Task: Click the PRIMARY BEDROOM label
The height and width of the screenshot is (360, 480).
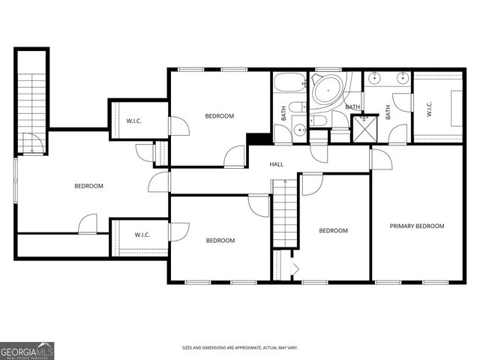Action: pos(417,226)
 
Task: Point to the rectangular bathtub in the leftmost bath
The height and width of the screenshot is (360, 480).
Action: pos(289,82)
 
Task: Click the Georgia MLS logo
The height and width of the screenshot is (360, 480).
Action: pos(27,350)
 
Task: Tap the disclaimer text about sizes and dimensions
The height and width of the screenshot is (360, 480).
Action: pos(240,347)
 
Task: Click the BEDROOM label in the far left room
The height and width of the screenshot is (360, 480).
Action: pos(88,186)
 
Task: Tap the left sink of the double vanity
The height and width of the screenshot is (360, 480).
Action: pos(375,76)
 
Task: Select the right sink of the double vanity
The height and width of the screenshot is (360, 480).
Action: pos(402,76)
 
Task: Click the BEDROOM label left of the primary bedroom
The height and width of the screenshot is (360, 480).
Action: pos(333,231)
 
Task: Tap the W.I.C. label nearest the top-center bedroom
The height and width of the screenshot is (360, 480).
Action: pos(134,121)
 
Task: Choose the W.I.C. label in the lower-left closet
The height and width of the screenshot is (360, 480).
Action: pos(142,235)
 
